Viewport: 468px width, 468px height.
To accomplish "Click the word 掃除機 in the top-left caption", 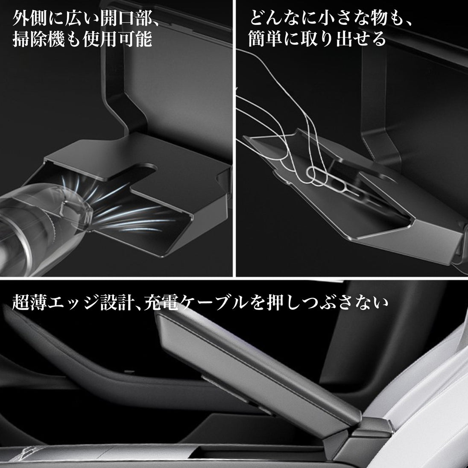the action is (38, 39).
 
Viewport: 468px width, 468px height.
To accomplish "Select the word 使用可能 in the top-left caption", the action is (117, 39).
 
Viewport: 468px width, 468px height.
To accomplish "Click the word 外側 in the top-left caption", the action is (30, 18).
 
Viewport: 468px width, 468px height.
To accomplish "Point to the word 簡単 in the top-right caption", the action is (265, 38).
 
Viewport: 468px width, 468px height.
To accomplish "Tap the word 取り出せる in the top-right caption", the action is (343, 38).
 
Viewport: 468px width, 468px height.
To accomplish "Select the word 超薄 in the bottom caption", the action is (29, 302).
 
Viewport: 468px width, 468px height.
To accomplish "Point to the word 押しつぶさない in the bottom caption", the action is (328, 302).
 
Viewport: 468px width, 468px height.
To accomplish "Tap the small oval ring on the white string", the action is (317, 176).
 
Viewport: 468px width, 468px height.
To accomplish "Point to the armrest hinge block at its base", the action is (364, 439).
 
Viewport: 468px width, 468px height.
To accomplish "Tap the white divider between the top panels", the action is (234, 138).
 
